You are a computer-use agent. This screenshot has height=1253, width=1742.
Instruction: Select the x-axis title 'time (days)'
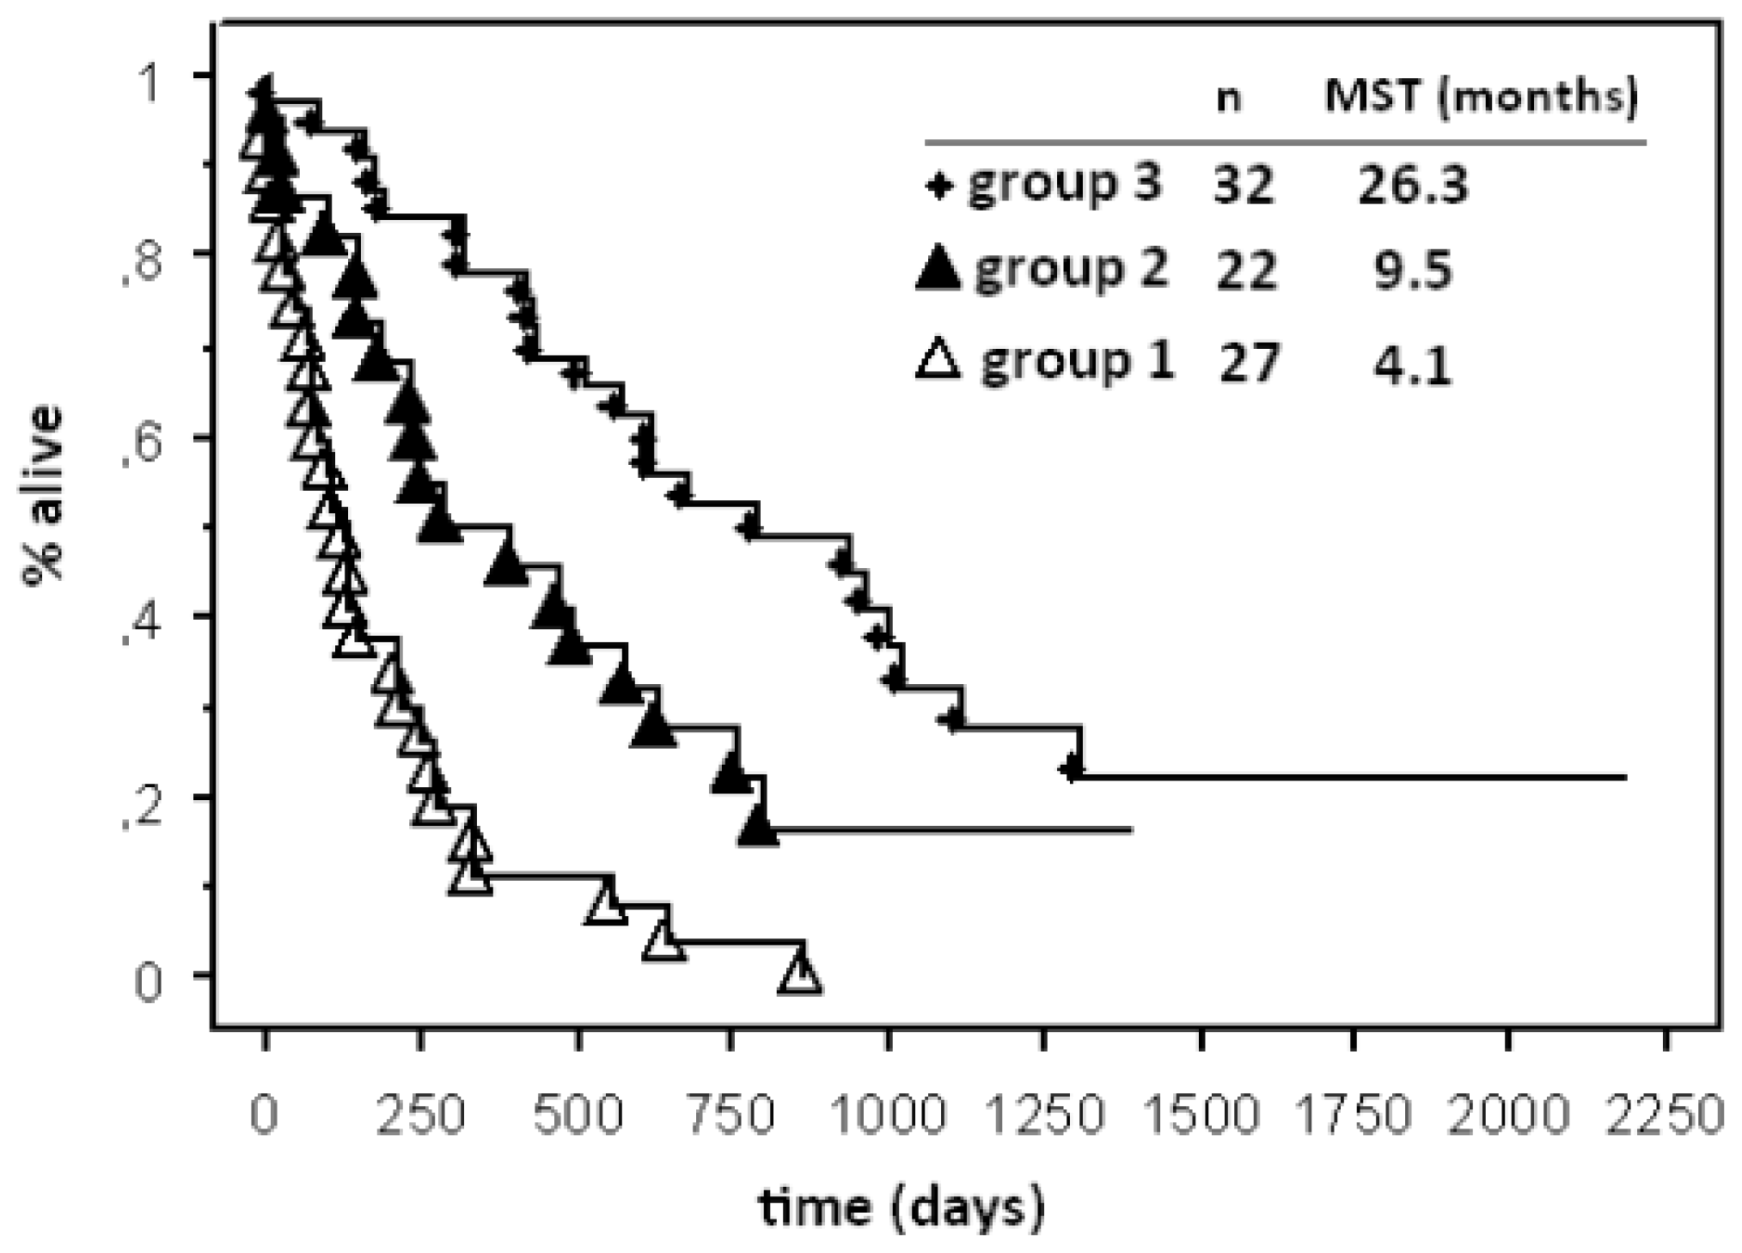901,1207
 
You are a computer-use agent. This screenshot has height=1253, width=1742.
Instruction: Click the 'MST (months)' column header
1481,97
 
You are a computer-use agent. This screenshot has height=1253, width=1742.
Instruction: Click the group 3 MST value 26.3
1413,185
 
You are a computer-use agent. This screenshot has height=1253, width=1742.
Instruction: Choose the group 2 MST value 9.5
1413,270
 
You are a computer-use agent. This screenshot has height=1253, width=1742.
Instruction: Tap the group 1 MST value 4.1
1413,364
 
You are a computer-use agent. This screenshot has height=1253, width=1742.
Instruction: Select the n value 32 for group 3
1244,185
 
